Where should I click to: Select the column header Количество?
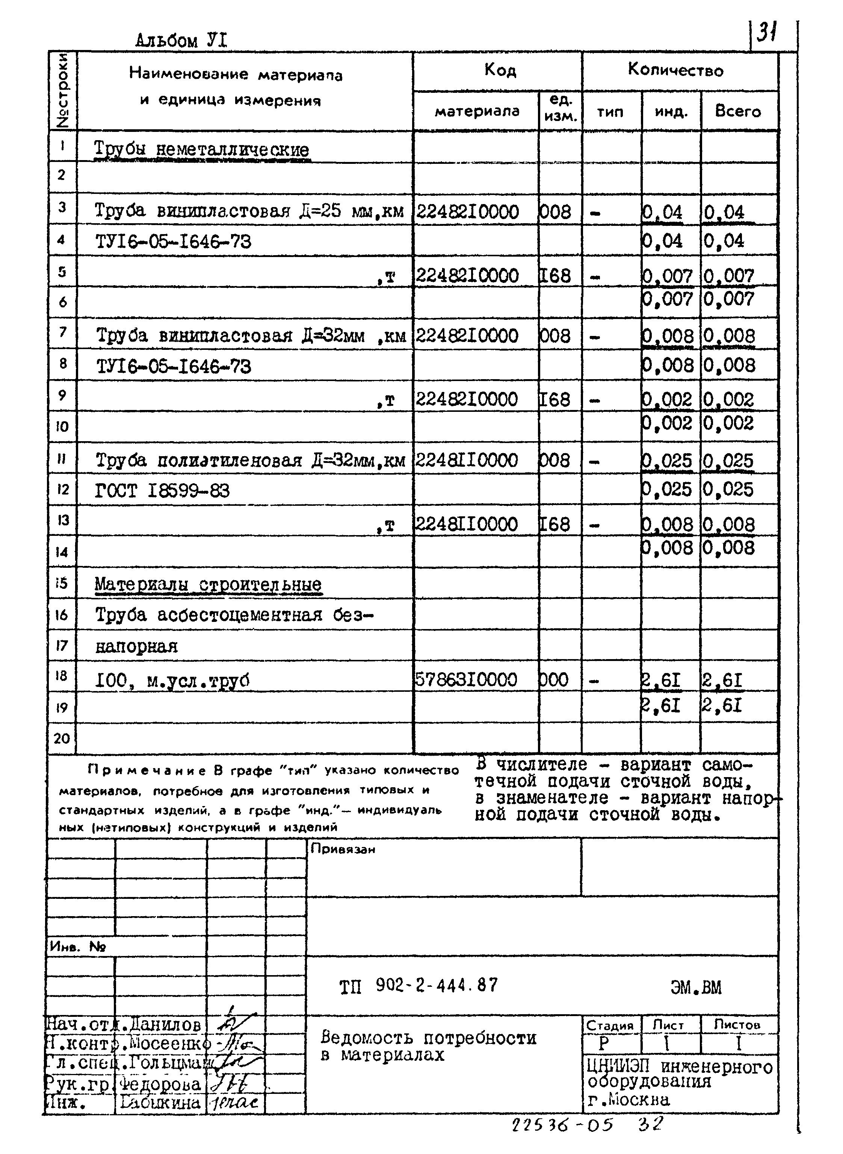(x=675, y=70)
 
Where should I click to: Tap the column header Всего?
(x=737, y=111)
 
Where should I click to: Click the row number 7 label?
(x=62, y=332)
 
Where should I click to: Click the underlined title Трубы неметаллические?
(x=202, y=150)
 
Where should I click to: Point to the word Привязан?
(x=342, y=849)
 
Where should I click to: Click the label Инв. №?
(x=77, y=947)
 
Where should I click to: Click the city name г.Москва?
(x=628, y=1100)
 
